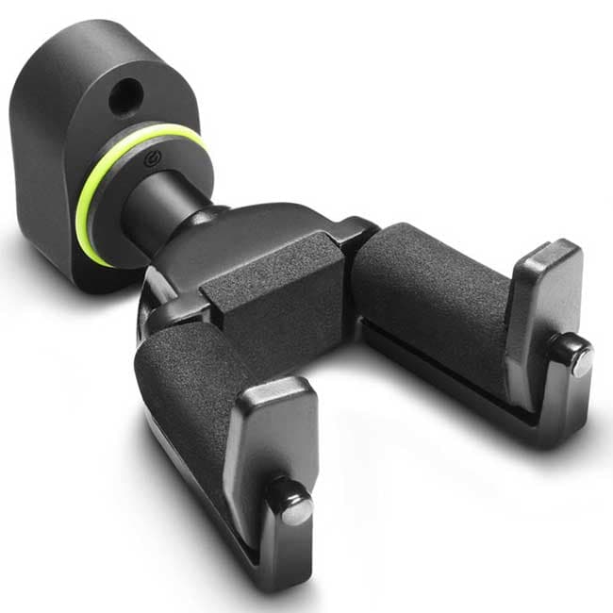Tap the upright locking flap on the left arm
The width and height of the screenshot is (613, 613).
[269, 443]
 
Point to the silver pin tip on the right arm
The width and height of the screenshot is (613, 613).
[582, 362]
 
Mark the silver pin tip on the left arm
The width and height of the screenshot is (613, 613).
[297, 509]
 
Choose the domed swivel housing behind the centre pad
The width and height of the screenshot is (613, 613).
[217, 245]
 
